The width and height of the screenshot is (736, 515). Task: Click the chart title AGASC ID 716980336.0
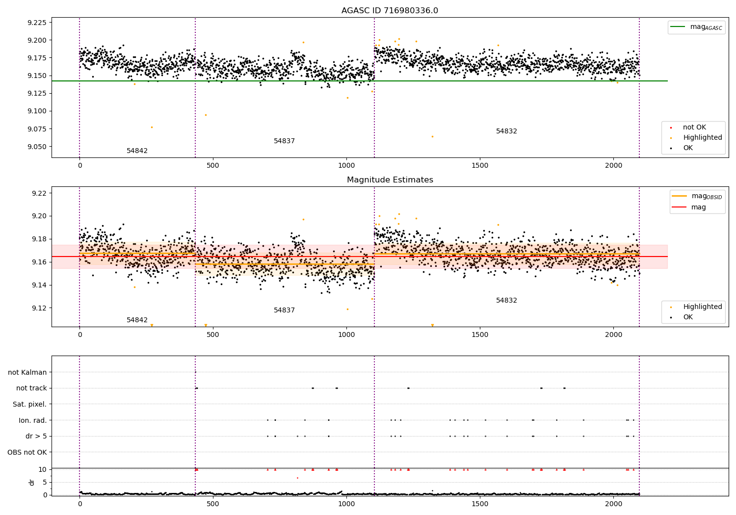pos(390,11)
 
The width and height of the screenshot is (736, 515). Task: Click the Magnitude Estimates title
pos(390,180)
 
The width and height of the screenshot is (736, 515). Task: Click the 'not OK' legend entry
pos(694,128)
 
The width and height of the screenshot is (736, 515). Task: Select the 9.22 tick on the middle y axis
pos(39,193)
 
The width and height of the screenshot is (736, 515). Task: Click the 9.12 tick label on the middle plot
pos(39,308)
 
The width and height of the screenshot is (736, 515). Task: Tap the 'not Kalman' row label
pos(27,372)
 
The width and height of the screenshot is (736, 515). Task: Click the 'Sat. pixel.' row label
pos(29,404)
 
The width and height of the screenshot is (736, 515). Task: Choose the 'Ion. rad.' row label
pos(33,420)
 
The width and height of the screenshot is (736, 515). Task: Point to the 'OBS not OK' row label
pos(27,452)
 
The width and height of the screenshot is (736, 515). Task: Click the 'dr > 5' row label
pos(36,436)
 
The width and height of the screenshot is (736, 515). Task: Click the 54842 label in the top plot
pos(137,151)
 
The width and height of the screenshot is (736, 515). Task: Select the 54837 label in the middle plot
pos(284,310)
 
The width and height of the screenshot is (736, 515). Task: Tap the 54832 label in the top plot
pos(506,131)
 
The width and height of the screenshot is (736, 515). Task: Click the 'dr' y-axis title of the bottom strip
pos(32,482)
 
